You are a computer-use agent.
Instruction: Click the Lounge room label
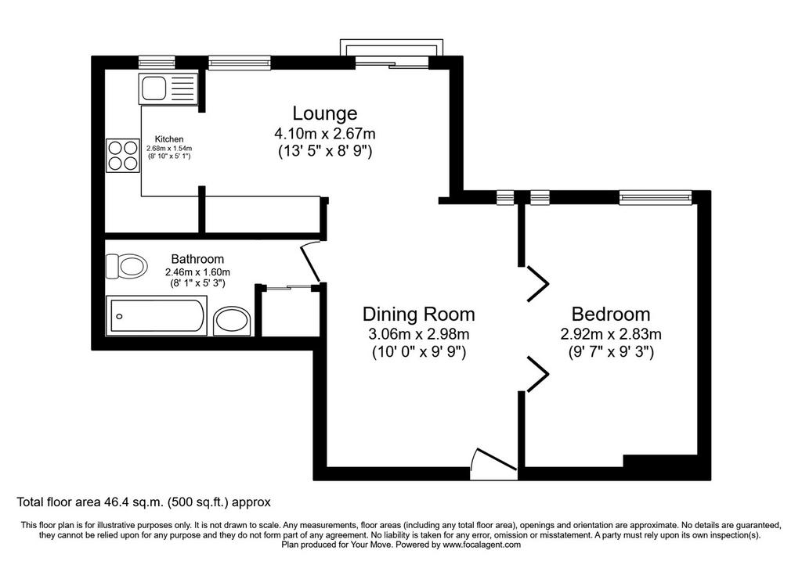point(325,113)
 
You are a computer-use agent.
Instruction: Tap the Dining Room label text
point(418,314)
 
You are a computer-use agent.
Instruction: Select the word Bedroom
point(611,314)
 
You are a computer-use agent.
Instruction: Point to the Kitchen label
point(169,139)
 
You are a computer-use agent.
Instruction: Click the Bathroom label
point(197,259)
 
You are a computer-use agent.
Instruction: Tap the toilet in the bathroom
point(126,266)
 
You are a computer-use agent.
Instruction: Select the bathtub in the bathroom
point(156,316)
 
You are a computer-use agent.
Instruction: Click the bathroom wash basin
point(232,322)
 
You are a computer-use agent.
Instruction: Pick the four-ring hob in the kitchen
point(123,156)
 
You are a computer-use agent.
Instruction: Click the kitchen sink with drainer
point(168,88)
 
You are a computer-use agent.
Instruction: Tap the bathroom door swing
point(311,261)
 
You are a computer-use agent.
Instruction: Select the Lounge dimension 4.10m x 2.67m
point(325,134)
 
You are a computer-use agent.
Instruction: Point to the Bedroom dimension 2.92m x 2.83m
point(611,334)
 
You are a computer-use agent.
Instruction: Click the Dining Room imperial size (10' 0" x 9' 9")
point(418,352)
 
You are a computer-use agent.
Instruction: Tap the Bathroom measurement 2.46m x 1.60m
point(197,272)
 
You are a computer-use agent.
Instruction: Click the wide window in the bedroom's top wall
point(656,197)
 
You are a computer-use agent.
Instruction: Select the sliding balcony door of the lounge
point(392,63)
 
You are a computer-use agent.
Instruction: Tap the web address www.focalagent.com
point(482,545)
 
